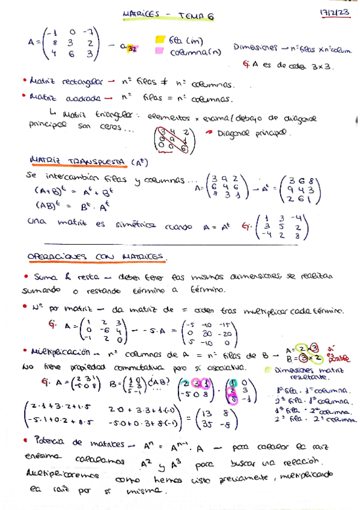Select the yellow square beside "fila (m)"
[x=160, y=40]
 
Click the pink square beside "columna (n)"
[x=160, y=51]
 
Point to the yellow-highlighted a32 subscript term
[x=130, y=48]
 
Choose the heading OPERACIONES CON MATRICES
[x=96, y=256]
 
